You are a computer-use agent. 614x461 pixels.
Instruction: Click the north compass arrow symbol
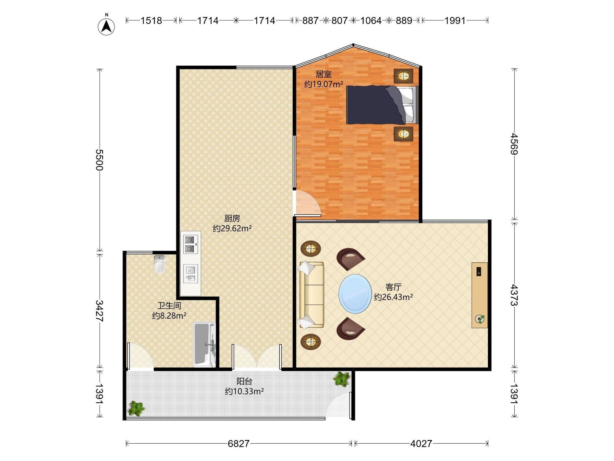pyautogui.click(x=106, y=27)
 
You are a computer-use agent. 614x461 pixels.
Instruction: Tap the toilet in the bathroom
pyautogui.click(x=159, y=264)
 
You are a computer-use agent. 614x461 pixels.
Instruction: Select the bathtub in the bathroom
pyautogui.click(x=204, y=344)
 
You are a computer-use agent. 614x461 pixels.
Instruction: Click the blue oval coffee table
pyautogui.click(x=355, y=294)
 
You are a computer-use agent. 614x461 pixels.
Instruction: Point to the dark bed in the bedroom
pyautogui.click(x=382, y=105)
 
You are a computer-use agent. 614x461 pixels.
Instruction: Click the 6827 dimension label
pyautogui.click(x=239, y=444)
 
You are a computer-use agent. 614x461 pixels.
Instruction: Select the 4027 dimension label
pyautogui.click(x=421, y=444)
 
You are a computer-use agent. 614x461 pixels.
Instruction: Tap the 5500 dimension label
pyautogui.click(x=99, y=160)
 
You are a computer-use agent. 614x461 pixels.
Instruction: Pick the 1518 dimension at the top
pyautogui.click(x=151, y=20)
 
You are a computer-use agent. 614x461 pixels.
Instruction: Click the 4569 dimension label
pyautogui.click(x=514, y=144)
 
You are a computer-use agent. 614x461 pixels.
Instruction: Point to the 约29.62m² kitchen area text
pyautogui.click(x=232, y=228)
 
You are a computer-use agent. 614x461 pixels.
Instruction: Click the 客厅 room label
pyautogui.click(x=393, y=287)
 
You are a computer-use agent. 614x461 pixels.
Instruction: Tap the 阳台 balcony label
pyautogui.click(x=244, y=381)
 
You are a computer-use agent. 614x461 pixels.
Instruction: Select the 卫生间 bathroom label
pyautogui.click(x=169, y=306)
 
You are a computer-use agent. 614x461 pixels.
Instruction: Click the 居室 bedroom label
pyautogui.click(x=324, y=74)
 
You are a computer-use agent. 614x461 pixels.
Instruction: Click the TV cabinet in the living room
pyautogui.click(x=480, y=295)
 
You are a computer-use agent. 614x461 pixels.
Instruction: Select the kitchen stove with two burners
pyautogui.click(x=191, y=244)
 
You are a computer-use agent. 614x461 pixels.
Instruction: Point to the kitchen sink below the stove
pyautogui.click(x=191, y=274)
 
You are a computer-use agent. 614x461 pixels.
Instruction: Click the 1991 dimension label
pyautogui.click(x=455, y=20)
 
